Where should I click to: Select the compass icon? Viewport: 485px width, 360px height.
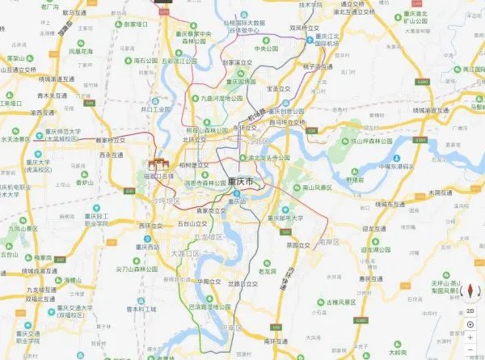pyautogui.click(x=470, y=292)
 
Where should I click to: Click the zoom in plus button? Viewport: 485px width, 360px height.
pyautogui.click(x=470, y=338)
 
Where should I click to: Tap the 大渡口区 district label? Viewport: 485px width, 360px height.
pyautogui.click(x=184, y=253)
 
